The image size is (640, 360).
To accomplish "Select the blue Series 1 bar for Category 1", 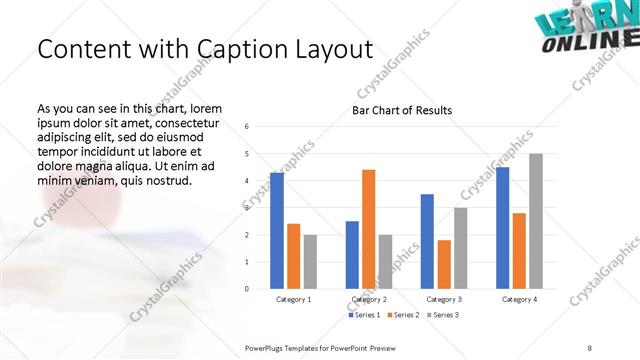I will pyautogui.click(x=277, y=230).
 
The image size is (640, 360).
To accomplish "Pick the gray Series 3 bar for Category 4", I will pyautogui.click(x=535, y=221).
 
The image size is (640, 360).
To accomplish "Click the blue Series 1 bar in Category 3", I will pyautogui.click(x=427, y=241).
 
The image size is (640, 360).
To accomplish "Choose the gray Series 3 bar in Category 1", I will pyautogui.click(x=310, y=261).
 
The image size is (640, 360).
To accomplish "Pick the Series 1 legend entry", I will pyautogui.click(x=362, y=315).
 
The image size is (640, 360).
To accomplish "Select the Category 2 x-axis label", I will pyautogui.click(x=368, y=299).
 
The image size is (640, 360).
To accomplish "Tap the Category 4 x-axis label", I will pyautogui.click(x=518, y=299).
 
